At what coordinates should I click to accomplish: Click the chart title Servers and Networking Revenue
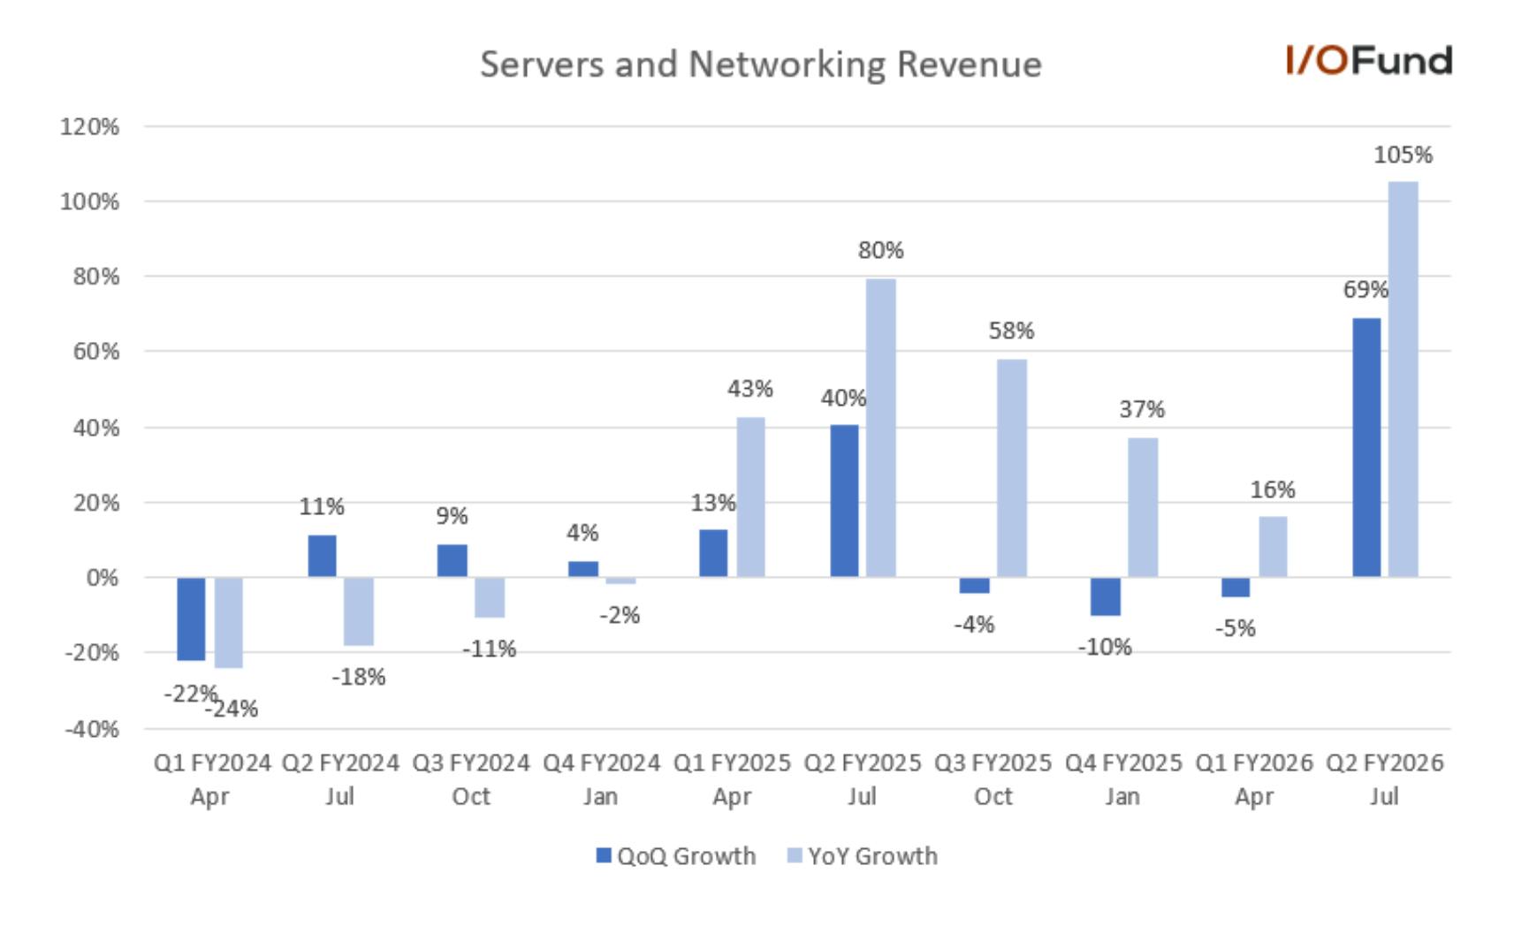pyautogui.click(x=761, y=65)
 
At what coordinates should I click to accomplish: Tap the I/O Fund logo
pyautogui.click(x=1368, y=60)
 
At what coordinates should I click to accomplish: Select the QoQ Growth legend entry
pyautogui.click(x=676, y=856)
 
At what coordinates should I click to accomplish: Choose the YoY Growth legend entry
pyautogui.click(x=862, y=856)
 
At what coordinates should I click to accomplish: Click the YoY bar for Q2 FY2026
pyautogui.click(x=1403, y=379)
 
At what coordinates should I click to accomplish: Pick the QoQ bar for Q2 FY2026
pyautogui.click(x=1366, y=447)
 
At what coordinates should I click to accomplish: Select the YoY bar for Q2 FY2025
pyautogui.click(x=880, y=428)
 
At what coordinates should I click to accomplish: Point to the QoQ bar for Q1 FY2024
pyautogui.click(x=191, y=619)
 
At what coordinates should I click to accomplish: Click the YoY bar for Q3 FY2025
pyautogui.click(x=1012, y=468)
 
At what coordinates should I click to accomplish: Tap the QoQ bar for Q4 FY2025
pyautogui.click(x=1105, y=596)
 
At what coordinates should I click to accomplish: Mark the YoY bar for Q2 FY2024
pyautogui.click(x=358, y=611)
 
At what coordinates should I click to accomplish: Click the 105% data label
pyautogui.click(x=1403, y=156)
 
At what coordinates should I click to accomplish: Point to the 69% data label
pyautogui.click(x=1365, y=290)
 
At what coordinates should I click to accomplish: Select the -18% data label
pyautogui.click(x=358, y=678)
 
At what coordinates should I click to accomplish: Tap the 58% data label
pyautogui.click(x=1011, y=331)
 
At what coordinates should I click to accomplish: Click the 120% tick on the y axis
pyautogui.click(x=89, y=127)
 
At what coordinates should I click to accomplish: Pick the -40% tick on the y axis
pyautogui.click(x=91, y=730)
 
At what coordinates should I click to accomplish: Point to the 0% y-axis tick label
pyautogui.click(x=102, y=579)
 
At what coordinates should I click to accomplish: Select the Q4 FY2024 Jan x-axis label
pyautogui.click(x=601, y=779)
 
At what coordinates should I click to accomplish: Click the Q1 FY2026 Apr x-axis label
pyautogui.click(x=1254, y=779)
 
